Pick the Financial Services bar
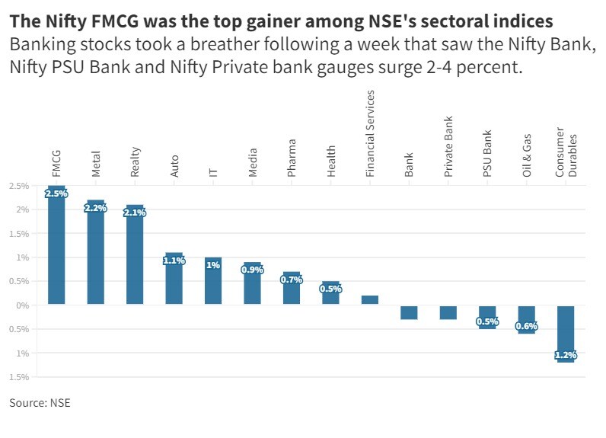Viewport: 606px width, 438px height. pos(370,300)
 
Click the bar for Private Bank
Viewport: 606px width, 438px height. pos(448,312)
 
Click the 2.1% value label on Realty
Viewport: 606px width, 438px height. pos(135,213)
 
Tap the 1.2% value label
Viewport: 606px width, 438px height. pos(566,355)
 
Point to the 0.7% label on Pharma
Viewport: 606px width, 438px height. pos(292,280)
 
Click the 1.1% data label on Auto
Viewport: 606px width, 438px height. pos(174,261)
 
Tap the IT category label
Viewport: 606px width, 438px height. pos(213,171)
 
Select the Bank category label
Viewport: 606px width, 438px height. pos(409,165)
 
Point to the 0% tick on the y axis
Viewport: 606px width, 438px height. pos(23,305)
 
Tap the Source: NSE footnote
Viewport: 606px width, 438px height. pos(40,402)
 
